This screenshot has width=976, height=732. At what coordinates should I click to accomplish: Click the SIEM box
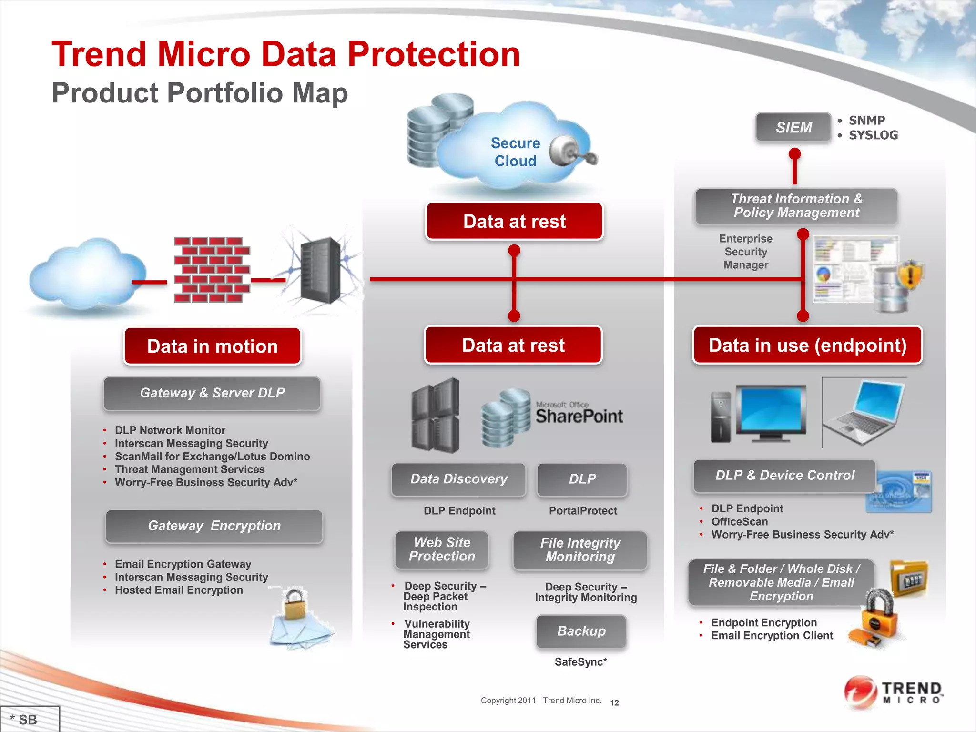point(793,127)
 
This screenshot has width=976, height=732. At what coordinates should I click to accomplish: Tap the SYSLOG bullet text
point(873,135)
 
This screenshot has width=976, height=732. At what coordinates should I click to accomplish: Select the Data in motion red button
point(213,346)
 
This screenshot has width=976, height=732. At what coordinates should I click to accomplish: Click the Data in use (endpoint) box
point(807,345)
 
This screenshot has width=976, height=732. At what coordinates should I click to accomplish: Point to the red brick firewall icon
point(212,270)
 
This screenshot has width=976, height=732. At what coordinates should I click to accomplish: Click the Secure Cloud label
point(515,152)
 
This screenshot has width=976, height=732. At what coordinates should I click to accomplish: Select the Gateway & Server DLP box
point(212,393)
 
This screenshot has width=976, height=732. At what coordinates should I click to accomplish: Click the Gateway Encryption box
point(214,526)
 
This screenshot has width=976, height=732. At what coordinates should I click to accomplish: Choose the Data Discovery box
point(458,479)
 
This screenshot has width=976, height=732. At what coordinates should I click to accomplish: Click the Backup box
point(581,631)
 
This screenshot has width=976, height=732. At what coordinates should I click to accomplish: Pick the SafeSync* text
point(580,662)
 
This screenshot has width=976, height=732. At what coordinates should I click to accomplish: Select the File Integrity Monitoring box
point(580,550)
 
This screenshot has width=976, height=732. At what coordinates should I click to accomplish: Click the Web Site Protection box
point(442,549)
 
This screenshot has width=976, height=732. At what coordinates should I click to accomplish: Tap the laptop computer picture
point(864,412)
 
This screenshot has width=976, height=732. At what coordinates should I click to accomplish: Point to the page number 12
point(614,702)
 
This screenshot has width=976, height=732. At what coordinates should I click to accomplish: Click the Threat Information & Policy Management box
point(796,206)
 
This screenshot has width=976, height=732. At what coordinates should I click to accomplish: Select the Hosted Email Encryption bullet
point(179,590)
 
